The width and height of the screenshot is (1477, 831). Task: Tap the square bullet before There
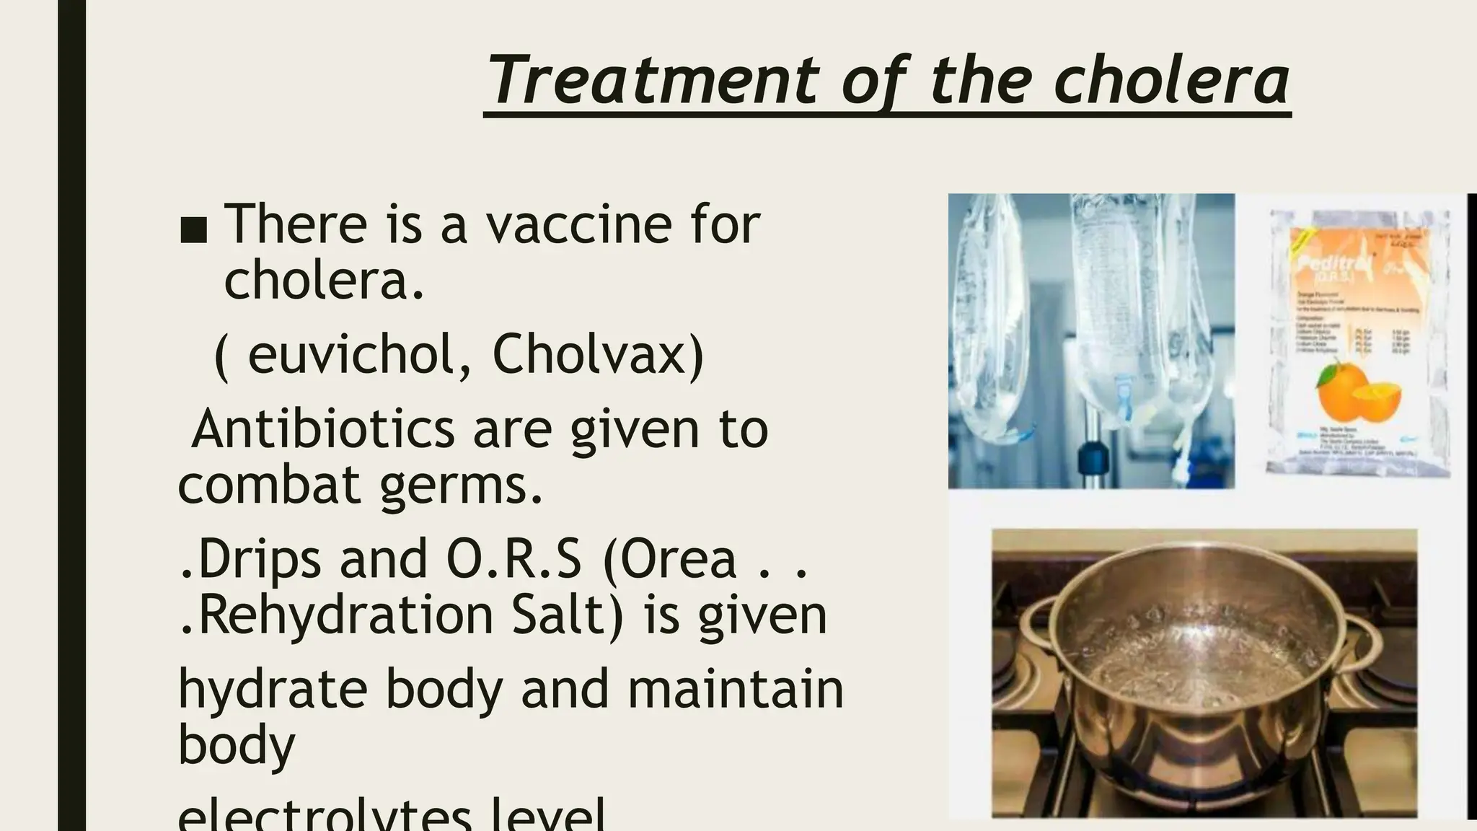193,230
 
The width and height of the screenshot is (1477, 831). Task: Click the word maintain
735,689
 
